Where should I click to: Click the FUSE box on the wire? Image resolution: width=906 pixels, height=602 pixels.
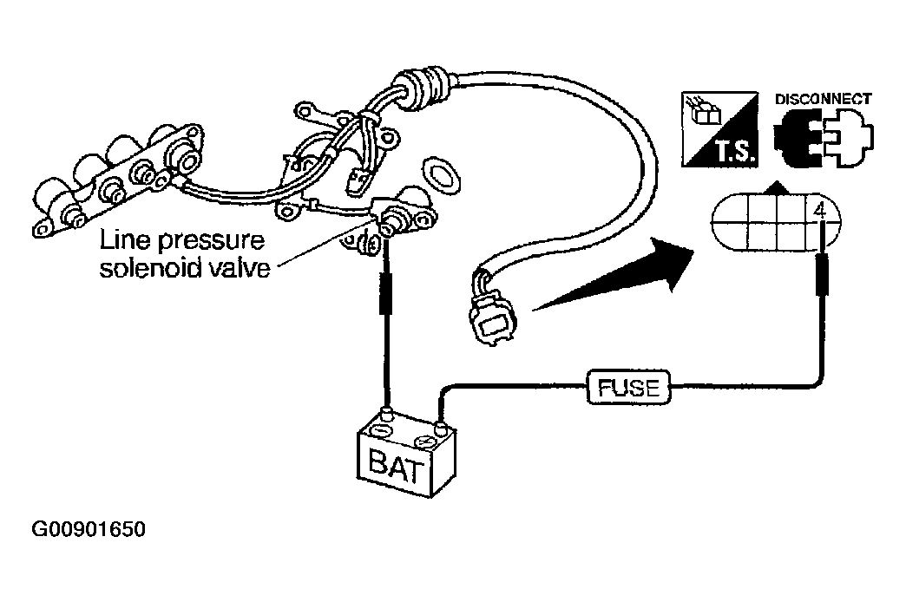click(628, 387)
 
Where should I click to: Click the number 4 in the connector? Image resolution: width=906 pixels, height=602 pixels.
click(820, 212)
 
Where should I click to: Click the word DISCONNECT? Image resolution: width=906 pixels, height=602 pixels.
click(823, 100)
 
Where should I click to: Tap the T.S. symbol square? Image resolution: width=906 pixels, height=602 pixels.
click(720, 129)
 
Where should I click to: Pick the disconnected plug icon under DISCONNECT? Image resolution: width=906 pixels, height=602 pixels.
click(824, 140)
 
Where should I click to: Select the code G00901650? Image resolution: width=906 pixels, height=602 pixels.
click(89, 529)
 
